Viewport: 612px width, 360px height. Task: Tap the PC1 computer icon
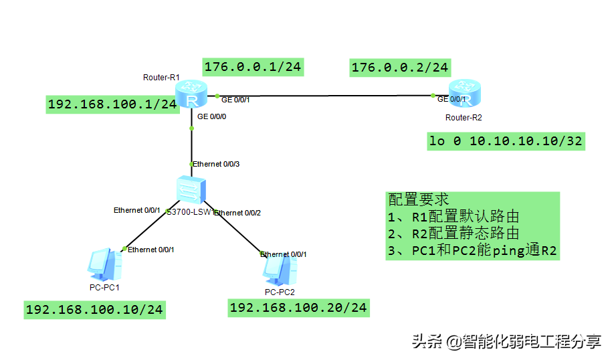point(105,264)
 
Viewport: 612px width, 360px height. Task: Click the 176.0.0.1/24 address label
point(253,66)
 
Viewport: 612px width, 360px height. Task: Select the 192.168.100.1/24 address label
point(112,104)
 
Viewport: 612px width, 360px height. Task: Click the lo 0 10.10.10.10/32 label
point(506,141)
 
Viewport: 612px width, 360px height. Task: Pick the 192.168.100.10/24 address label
point(94,309)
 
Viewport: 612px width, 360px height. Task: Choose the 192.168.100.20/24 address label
point(298,307)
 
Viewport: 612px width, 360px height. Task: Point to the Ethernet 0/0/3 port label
point(216,164)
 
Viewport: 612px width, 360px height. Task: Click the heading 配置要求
point(418,199)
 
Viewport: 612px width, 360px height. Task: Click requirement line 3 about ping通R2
point(472,251)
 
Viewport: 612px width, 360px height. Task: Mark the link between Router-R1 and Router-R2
point(321,96)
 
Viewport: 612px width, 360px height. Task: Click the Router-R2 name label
point(464,118)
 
